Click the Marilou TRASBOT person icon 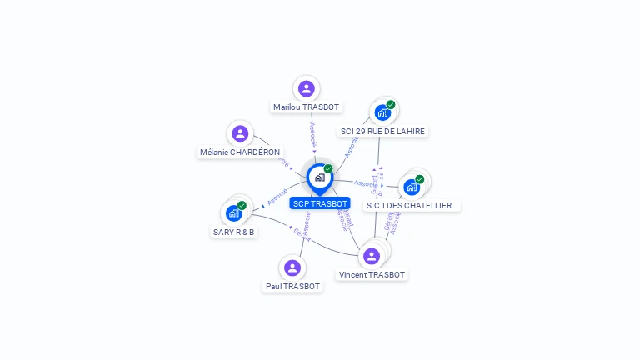(307, 88)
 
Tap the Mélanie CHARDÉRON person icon (240, 133)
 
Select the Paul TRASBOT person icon (292, 267)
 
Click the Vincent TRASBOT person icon (372, 256)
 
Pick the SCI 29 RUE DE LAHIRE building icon (382, 112)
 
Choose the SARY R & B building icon (234, 212)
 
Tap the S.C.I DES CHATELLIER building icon (412, 187)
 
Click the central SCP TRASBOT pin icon (319, 177)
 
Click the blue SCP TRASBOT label (320, 203)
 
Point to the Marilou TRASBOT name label (307, 107)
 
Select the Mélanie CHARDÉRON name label (240, 152)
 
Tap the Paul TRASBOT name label (292, 287)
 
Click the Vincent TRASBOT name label (372, 275)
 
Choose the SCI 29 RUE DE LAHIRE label (382, 132)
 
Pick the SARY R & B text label (234, 232)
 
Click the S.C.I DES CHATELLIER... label (412, 206)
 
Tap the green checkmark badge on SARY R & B (242, 205)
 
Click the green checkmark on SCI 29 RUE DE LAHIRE (391, 105)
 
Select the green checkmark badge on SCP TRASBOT (328, 169)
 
